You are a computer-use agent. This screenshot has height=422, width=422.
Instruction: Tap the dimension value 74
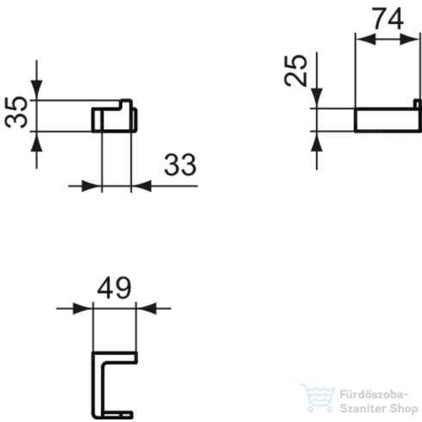388,18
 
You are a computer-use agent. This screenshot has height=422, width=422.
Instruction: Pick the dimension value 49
114,288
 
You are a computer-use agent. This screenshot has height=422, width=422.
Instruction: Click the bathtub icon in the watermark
314,396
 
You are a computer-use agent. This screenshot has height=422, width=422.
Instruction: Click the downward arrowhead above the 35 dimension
37,92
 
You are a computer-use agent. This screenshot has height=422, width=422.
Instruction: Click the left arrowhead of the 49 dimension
84,307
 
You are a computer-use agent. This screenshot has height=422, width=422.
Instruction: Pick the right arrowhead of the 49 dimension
143,307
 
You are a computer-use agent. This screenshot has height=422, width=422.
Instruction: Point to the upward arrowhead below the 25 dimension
317,139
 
